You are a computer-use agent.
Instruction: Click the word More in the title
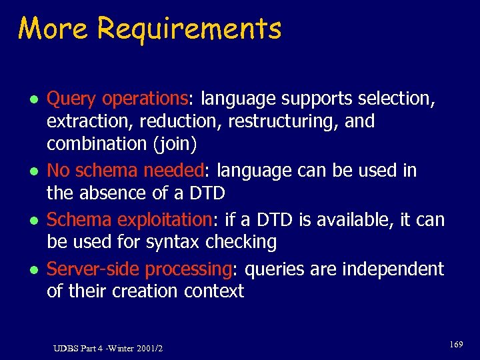tap(53, 29)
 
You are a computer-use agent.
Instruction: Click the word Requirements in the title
tap(189, 30)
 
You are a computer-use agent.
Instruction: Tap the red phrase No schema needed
tap(125, 171)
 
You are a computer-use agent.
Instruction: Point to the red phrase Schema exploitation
tap(128, 219)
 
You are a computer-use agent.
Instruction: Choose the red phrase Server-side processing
tap(139, 269)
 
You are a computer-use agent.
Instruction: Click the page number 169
tap(456, 344)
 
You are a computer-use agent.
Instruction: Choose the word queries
tap(271, 269)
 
